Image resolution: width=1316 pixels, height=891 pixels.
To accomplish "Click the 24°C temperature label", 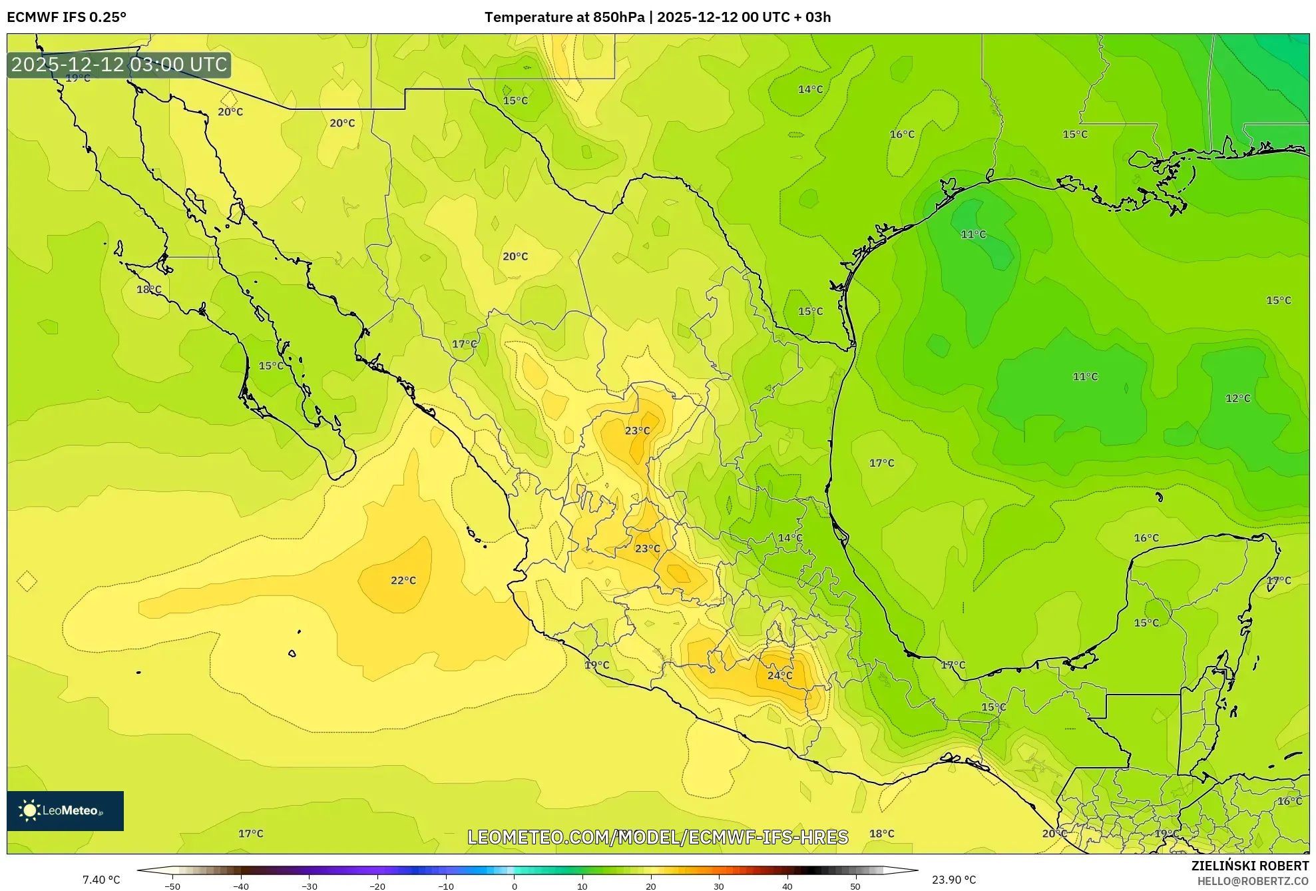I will [x=779, y=675].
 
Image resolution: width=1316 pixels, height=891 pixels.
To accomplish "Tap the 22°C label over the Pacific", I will [x=403, y=581].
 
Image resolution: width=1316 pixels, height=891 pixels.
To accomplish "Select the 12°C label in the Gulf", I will [x=1237, y=398].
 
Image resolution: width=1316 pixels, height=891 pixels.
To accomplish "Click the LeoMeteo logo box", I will [x=65, y=810].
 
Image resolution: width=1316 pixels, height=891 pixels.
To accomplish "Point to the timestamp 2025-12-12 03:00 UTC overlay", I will [x=119, y=65].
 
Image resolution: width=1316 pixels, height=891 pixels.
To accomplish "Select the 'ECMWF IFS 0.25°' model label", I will [x=67, y=17].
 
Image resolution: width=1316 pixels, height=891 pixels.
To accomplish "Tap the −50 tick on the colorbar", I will [x=172, y=886].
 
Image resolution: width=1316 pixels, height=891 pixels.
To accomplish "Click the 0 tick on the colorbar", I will [x=514, y=886].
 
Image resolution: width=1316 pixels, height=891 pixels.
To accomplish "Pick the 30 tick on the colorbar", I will [x=719, y=886].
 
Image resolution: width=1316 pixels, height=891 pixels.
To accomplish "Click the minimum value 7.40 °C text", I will [x=101, y=880].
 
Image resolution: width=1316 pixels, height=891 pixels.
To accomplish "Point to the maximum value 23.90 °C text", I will [x=953, y=880].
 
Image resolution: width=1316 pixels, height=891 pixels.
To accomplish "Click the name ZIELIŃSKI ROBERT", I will [x=1249, y=866].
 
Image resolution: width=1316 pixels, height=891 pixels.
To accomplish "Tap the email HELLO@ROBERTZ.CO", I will [x=1253, y=881].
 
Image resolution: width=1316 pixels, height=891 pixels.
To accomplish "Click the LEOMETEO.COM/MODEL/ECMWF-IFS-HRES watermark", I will [x=658, y=837].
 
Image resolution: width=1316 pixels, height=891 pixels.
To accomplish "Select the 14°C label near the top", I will [x=810, y=89].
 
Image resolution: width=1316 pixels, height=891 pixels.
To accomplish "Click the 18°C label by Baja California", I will [x=148, y=289].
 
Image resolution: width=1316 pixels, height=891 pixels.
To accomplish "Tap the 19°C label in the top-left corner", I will [x=78, y=79].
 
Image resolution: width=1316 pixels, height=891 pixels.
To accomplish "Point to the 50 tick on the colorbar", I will [x=855, y=886].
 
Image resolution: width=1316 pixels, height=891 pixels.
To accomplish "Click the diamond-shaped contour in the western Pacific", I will [x=27, y=581].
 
